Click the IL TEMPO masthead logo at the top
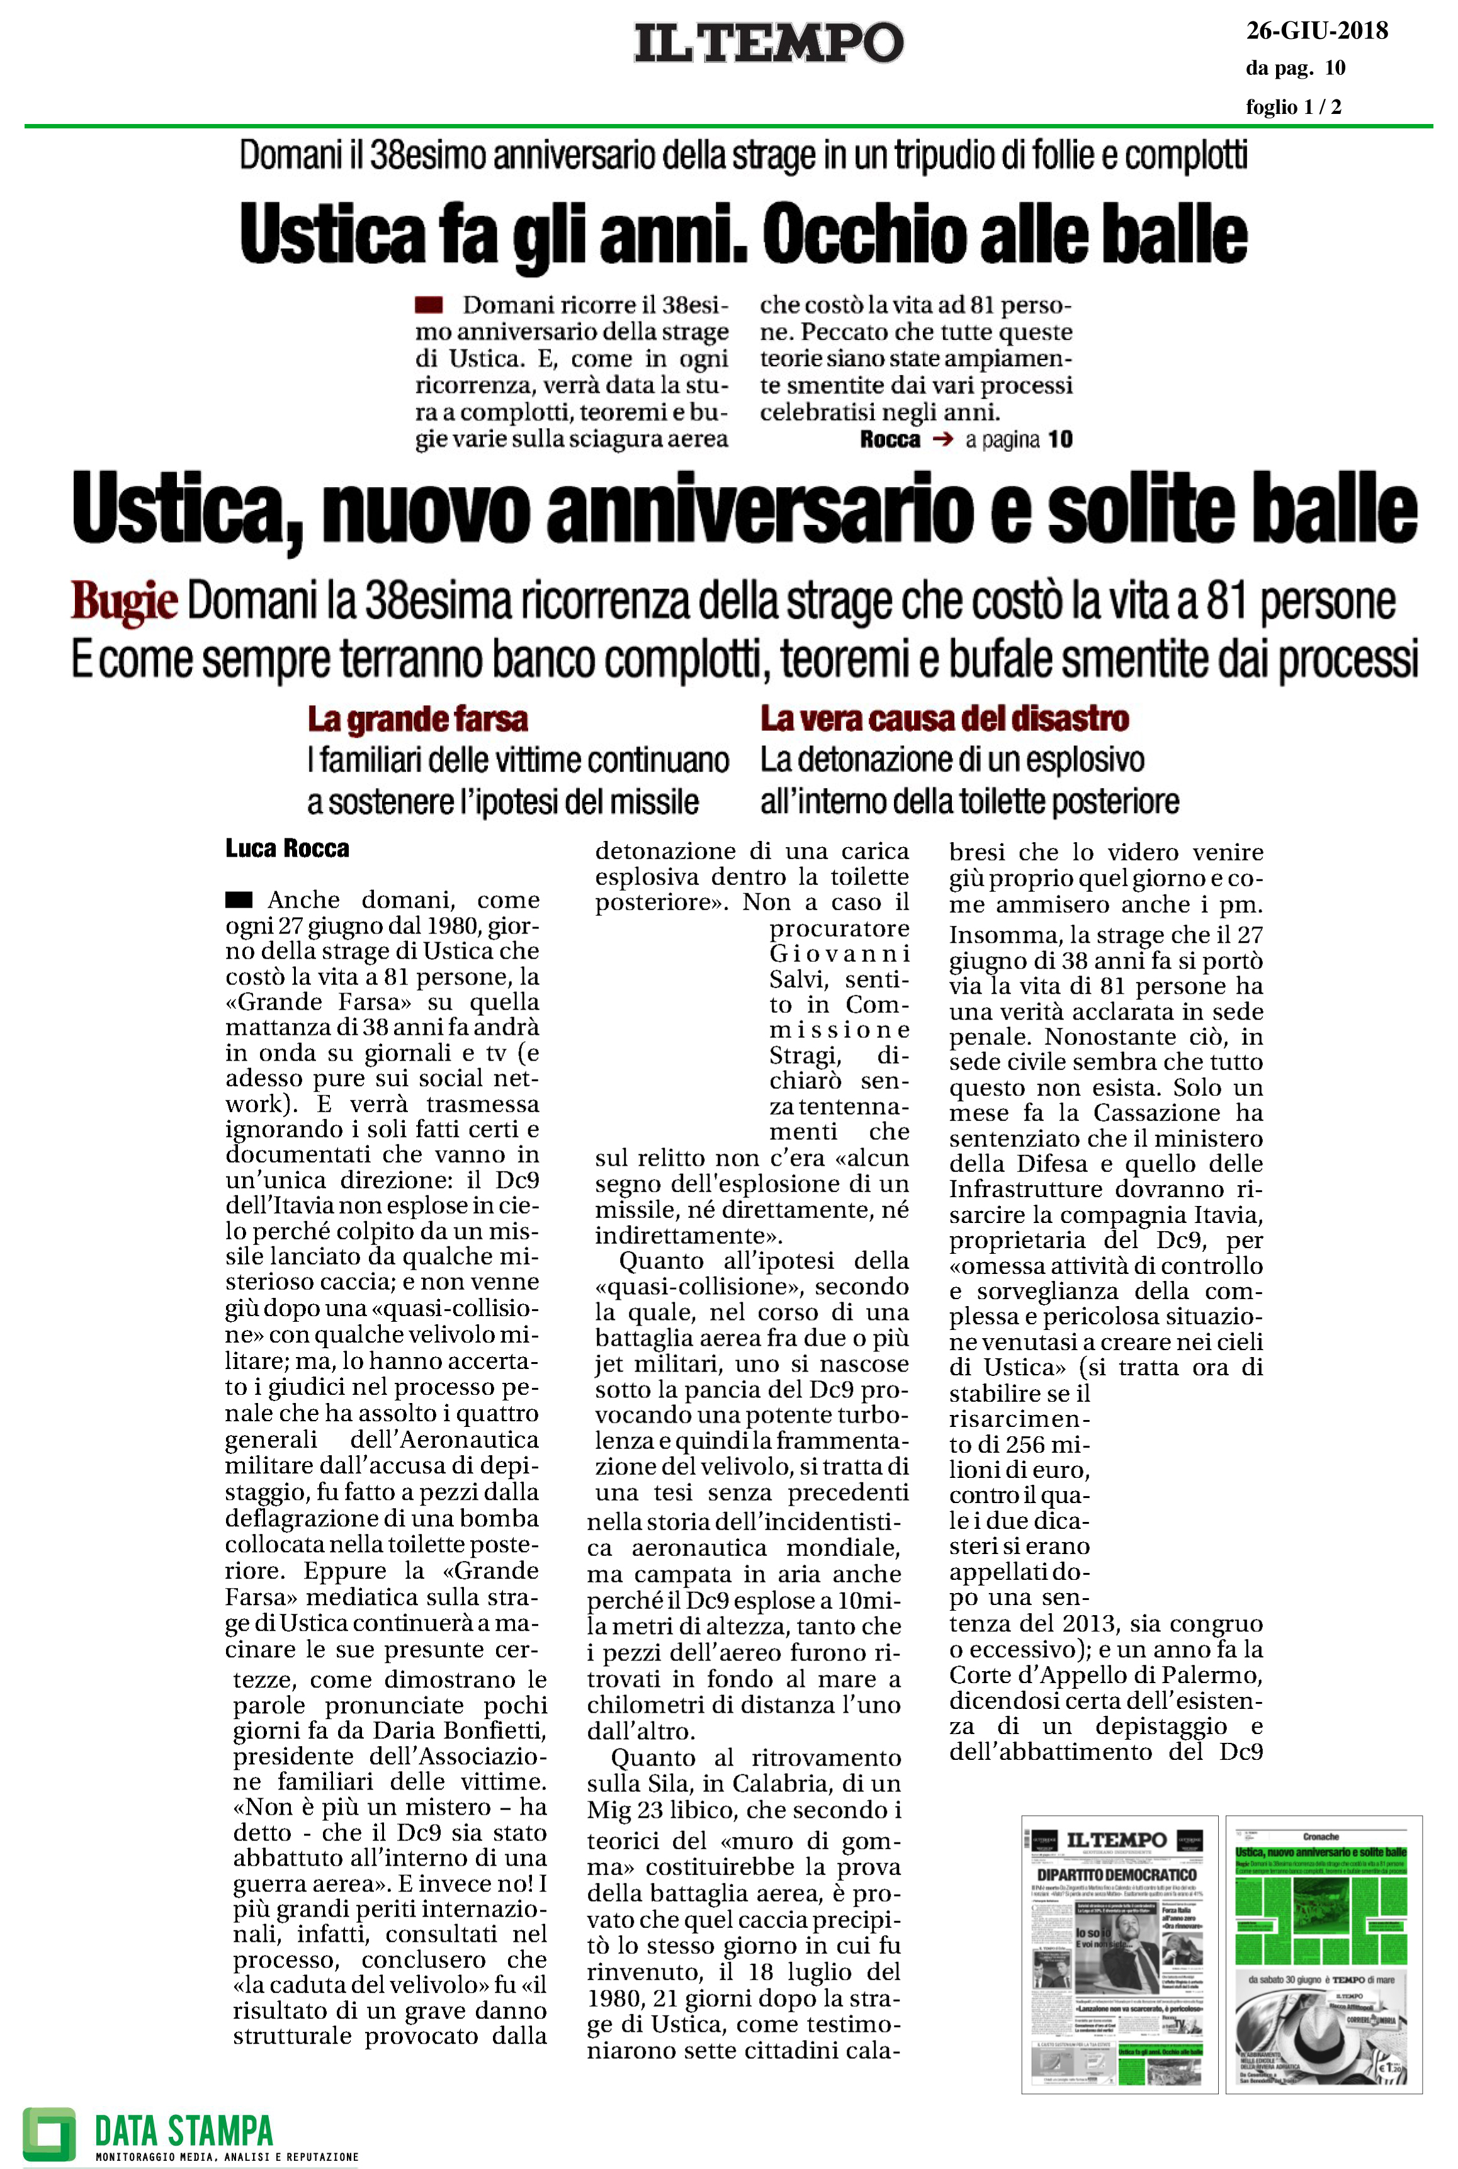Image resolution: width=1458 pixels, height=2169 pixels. [768, 43]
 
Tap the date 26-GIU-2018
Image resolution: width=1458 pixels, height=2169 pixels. [1316, 31]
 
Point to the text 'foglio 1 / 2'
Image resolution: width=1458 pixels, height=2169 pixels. [1294, 107]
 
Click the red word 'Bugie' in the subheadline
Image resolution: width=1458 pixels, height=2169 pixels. [125, 602]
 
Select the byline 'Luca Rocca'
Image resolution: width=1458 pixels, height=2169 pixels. [287, 848]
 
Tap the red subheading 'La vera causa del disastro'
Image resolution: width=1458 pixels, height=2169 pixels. [945, 719]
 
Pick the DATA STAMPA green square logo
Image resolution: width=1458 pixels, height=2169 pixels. [49, 2134]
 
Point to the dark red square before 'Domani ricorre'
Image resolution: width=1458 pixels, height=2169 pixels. [429, 304]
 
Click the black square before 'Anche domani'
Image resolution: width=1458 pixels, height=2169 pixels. [239, 899]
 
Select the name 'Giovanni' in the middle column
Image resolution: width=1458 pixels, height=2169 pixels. [839, 954]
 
